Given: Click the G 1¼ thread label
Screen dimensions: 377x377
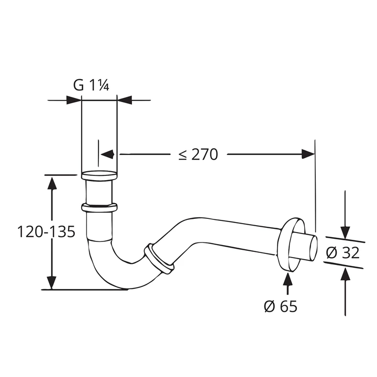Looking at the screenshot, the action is (x=91, y=85).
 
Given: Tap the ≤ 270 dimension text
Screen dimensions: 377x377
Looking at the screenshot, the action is (x=198, y=154).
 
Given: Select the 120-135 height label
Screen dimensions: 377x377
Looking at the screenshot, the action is (x=47, y=232).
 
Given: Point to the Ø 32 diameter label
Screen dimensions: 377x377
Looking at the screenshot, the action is (x=342, y=253).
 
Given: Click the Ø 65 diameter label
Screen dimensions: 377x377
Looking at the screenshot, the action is (x=280, y=306).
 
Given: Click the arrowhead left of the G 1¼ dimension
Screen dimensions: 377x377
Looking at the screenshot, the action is (x=74, y=100).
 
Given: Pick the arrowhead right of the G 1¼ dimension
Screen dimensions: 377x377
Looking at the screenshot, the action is (x=125, y=100).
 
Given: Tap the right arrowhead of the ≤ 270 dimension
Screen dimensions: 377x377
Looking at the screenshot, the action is (x=308, y=154).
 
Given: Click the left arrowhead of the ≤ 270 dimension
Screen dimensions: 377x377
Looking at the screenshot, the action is (x=107, y=154).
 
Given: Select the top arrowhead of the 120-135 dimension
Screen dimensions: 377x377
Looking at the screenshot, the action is (x=52, y=184).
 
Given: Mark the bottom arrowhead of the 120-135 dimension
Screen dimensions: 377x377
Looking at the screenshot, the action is (x=52, y=282).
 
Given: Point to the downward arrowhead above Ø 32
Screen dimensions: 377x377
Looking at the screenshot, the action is (x=345, y=232).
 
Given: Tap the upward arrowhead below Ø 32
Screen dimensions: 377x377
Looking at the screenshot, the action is (x=345, y=274).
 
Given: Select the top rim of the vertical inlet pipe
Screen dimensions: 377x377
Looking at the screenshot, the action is (x=99, y=175).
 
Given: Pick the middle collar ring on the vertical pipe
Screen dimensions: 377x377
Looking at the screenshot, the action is (x=99, y=207).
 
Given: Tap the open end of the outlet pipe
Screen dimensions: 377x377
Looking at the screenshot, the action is (x=313, y=248).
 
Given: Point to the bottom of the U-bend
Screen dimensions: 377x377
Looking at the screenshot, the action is (x=125, y=288).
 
